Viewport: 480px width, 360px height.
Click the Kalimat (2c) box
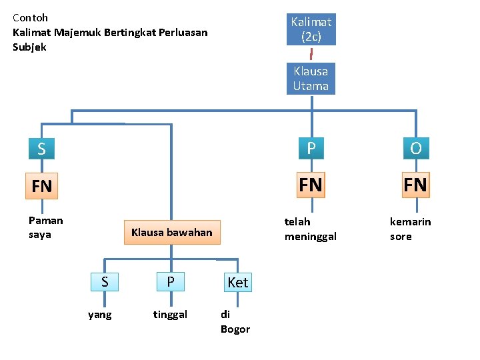click(311, 29)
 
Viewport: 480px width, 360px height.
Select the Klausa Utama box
click(311, 79)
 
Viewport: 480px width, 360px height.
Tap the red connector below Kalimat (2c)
click(311, 54)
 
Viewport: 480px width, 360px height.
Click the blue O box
click(416, 148)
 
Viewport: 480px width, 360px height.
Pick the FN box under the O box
click(416, 184)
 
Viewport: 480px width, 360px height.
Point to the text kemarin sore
click(410, 229)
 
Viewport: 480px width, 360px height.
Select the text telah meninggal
click(310, 229)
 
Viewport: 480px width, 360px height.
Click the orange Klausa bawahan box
click(171, 233)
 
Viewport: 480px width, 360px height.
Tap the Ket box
click(237, 282)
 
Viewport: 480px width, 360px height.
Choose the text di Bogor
click(235, 321)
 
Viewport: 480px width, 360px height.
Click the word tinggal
click(170, 315)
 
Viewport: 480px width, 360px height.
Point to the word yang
click(100, 315)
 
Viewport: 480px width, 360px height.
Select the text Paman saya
click(45, 227)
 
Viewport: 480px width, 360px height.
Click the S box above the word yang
click(105, 282)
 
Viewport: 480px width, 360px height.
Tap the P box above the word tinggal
click(171, 282)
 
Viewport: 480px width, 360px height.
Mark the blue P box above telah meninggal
click(311, 148)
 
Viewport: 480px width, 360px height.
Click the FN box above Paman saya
click(41, 185)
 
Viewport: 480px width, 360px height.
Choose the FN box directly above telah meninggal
click(311, 184)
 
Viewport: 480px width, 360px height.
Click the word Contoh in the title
click(30, 17)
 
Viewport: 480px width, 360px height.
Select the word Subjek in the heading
click(29, 47)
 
